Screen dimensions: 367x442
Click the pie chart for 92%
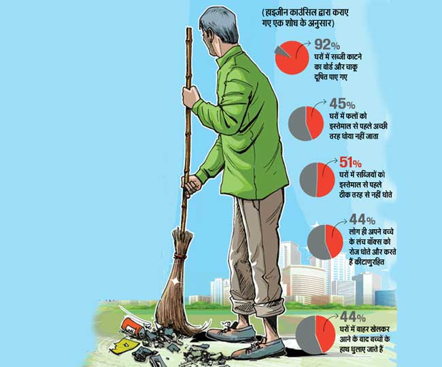point(294,57)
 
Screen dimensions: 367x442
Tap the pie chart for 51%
point(318,179)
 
